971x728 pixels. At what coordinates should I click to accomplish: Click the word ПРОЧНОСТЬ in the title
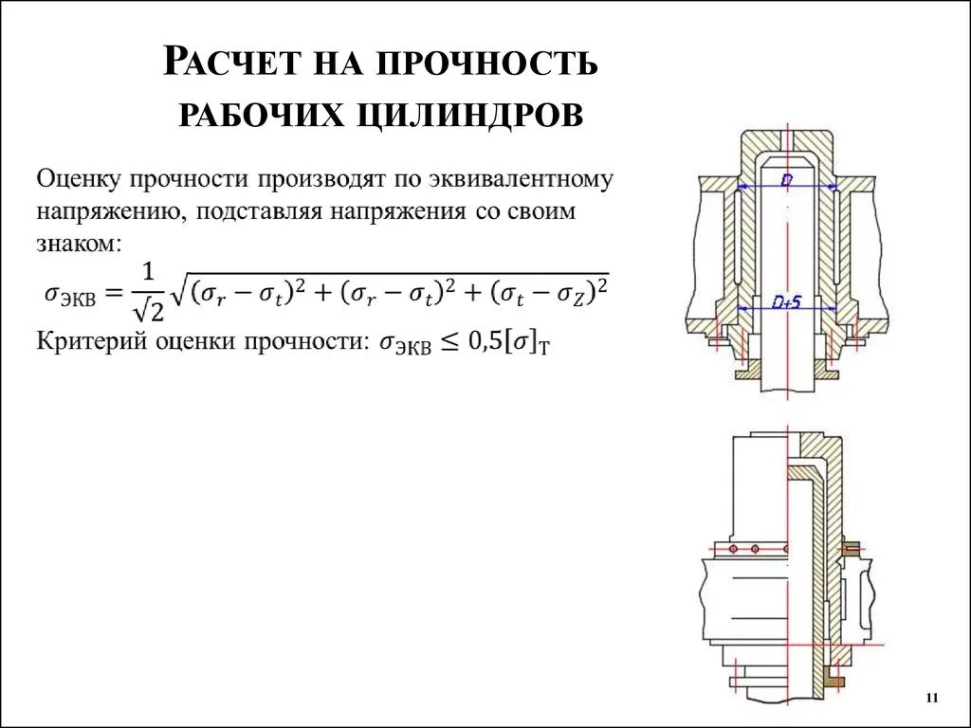pos(487,64)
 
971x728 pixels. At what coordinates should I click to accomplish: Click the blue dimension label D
pos(786,178)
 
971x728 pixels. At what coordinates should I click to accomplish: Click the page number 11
pos(930,699)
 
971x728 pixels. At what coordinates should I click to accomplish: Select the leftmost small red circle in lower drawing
pos(731,549)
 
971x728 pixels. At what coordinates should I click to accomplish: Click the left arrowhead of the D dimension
pos(740,185)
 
